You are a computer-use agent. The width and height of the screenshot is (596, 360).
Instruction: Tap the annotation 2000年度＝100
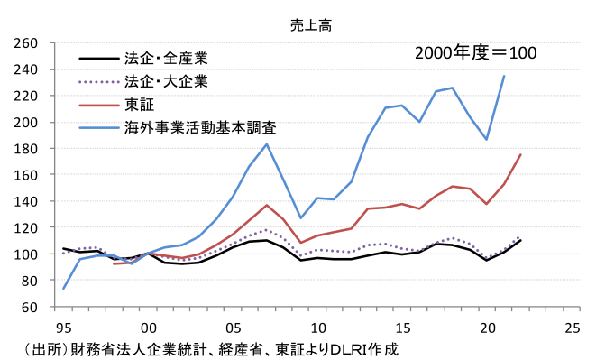475,53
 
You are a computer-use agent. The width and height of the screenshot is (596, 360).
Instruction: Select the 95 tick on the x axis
64,326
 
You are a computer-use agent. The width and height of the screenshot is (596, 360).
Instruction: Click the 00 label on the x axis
149,326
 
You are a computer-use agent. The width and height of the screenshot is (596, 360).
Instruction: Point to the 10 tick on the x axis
318,326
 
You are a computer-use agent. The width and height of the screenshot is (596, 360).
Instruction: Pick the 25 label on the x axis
571,326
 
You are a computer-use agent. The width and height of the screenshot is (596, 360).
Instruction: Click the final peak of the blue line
504,76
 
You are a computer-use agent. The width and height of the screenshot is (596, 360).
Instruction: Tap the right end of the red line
521,154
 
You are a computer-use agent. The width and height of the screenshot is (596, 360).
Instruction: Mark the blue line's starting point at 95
64,289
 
